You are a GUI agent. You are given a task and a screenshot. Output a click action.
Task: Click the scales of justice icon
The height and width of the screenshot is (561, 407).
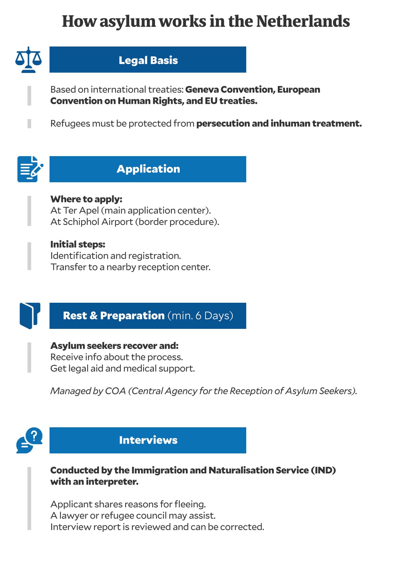28,60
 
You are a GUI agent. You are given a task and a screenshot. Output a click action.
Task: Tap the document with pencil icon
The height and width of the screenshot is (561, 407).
30,169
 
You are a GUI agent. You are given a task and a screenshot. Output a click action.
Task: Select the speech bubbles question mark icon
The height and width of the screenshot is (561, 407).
30,440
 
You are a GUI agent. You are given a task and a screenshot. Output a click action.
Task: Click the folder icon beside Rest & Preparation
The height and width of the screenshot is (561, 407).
30,316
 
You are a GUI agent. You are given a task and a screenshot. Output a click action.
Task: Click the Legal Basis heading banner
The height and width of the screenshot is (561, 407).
148,60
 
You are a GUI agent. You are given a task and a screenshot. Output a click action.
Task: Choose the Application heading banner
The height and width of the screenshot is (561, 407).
148,169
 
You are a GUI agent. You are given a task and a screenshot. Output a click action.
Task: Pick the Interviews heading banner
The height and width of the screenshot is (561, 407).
148,440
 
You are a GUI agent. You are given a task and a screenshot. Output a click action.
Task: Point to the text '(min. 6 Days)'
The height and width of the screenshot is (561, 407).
200,316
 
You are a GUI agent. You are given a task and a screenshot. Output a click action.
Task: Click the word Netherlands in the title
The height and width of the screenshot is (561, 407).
303,21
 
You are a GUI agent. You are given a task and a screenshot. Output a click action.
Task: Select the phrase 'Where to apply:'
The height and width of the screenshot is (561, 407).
86,199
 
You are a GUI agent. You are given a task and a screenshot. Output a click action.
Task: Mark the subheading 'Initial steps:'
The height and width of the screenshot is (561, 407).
78,244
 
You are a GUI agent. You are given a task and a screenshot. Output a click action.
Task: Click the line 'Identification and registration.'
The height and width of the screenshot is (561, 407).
116,256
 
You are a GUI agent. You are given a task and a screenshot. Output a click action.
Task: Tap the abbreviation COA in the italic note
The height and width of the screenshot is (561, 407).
115,391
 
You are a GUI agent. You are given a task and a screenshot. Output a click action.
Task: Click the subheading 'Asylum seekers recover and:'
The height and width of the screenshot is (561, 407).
114,346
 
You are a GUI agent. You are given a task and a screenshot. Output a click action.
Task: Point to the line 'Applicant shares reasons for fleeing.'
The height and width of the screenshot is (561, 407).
128,504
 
